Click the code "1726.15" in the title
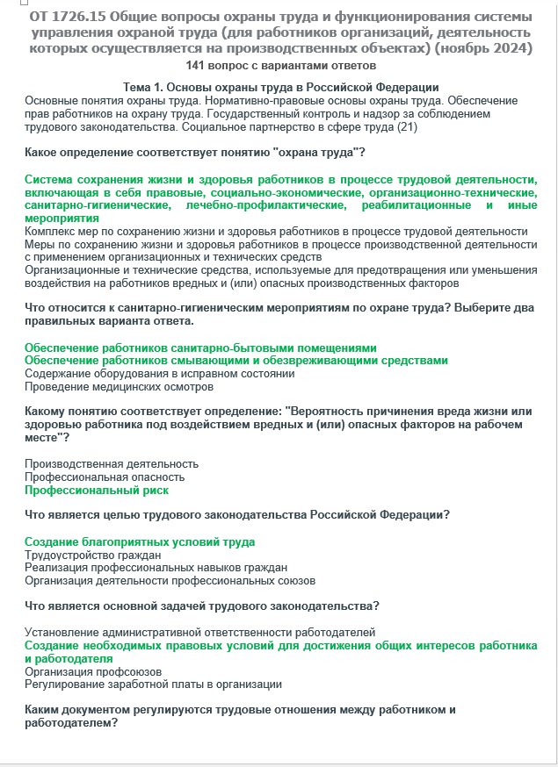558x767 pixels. [x=85, y=18]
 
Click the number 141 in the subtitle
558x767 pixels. [x=196, y=65]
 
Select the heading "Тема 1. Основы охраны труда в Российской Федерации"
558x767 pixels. [x=281, y=87]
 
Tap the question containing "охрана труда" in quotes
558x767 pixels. [x=195, y=153]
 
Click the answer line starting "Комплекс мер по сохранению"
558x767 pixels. [x=276, y=231]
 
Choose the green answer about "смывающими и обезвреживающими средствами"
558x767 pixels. [x=236, y=360]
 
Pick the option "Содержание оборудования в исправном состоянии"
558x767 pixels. [x=159, y=373]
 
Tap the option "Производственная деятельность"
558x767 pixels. [x=112, y=463]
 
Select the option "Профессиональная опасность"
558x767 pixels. [x=105, y=477]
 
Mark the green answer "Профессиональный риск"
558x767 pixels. [x=97, y=490]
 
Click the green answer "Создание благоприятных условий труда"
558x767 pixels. [x=140, y=541]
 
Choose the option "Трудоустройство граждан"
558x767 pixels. [x=92, y=555]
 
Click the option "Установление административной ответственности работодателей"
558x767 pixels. [x=199, y=632]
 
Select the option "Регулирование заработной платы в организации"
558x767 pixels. [x=153, y=684]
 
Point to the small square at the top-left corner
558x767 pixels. [x=10, y=4]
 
